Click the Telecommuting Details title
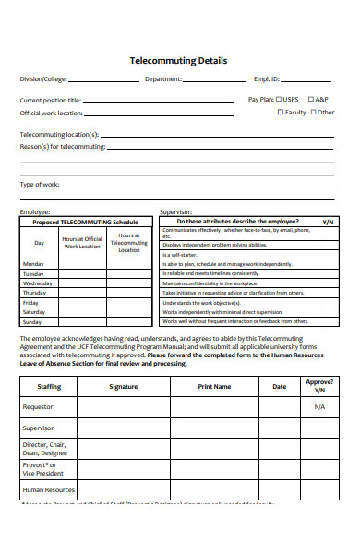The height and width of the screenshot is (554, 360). click(x=179, y=60)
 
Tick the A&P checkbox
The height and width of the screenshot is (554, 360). click(x=310, y=99)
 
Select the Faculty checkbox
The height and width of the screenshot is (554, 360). click(x=281, y=113)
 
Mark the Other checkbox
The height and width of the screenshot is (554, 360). click(x=313, y=113)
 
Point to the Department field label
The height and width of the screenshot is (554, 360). click(x=163, y=79)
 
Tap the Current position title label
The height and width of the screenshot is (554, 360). click(x=50, y=100)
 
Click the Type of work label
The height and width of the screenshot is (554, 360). click(x=40, y=185)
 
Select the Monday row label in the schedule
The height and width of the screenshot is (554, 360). click(x=32, y=264)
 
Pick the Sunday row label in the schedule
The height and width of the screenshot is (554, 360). click(x=32, y=321)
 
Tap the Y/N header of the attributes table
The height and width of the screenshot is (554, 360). click(x=328, y=223)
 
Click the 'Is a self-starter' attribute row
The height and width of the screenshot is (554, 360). click(x=180, y=255)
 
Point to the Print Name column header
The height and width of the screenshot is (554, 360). click(x=214, y=387)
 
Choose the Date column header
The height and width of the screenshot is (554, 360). click(x=279, y=387)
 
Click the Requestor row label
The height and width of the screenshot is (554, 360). click(x=38, y=407)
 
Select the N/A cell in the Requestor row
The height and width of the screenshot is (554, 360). click(x=319, y=407)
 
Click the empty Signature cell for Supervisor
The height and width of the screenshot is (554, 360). click(x=123, y=428)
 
